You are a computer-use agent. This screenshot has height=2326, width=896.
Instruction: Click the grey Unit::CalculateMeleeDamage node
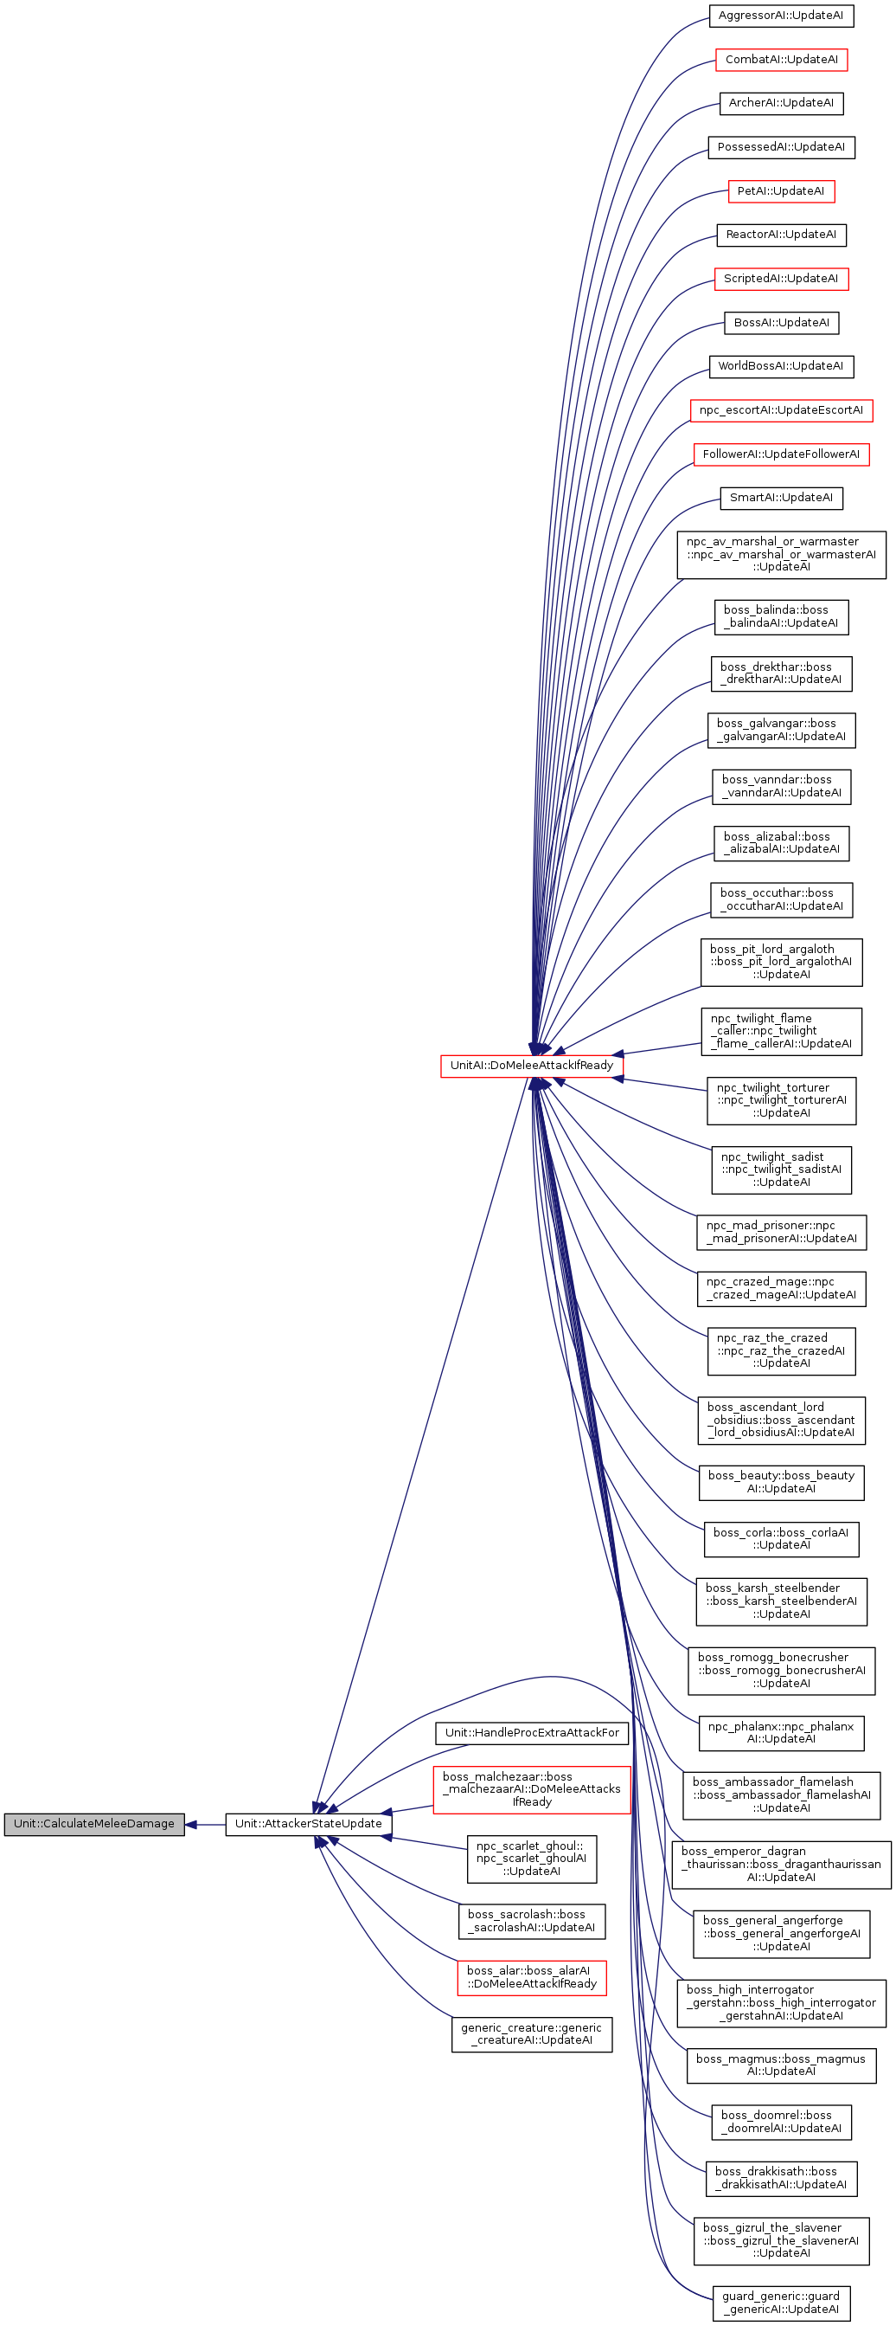94,1824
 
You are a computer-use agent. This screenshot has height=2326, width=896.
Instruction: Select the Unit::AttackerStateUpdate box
309,1824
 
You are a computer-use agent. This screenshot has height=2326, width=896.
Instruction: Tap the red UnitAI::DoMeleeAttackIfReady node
532,1066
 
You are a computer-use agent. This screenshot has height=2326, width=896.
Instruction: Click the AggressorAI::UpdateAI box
780,16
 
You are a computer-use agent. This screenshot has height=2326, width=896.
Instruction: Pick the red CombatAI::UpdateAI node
780,60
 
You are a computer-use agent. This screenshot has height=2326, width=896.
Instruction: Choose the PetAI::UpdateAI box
780,191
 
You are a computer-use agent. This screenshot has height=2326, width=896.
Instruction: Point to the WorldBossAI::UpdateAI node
780,366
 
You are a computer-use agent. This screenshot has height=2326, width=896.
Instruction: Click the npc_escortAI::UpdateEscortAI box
780,411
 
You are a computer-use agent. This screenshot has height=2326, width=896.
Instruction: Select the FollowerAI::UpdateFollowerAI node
780,454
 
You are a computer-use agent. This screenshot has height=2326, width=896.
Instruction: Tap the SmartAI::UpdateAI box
780,499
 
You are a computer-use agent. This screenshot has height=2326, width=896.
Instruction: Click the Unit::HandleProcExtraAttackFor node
532,1733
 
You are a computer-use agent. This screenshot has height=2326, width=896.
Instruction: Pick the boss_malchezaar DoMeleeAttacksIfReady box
532,1789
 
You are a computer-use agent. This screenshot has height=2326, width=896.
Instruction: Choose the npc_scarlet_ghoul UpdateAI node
532,1859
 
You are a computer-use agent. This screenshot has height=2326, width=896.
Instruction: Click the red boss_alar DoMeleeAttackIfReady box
532,1977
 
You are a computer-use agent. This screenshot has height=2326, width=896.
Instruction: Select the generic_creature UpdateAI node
532,2034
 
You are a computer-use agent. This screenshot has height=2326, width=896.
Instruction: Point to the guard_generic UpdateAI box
780,2303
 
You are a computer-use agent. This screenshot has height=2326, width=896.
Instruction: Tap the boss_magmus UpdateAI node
780,2065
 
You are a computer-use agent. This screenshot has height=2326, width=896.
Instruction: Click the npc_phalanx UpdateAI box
780,1733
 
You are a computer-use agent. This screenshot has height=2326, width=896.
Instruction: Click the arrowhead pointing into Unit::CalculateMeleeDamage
191,1824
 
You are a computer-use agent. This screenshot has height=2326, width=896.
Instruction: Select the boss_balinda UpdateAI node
780,616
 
